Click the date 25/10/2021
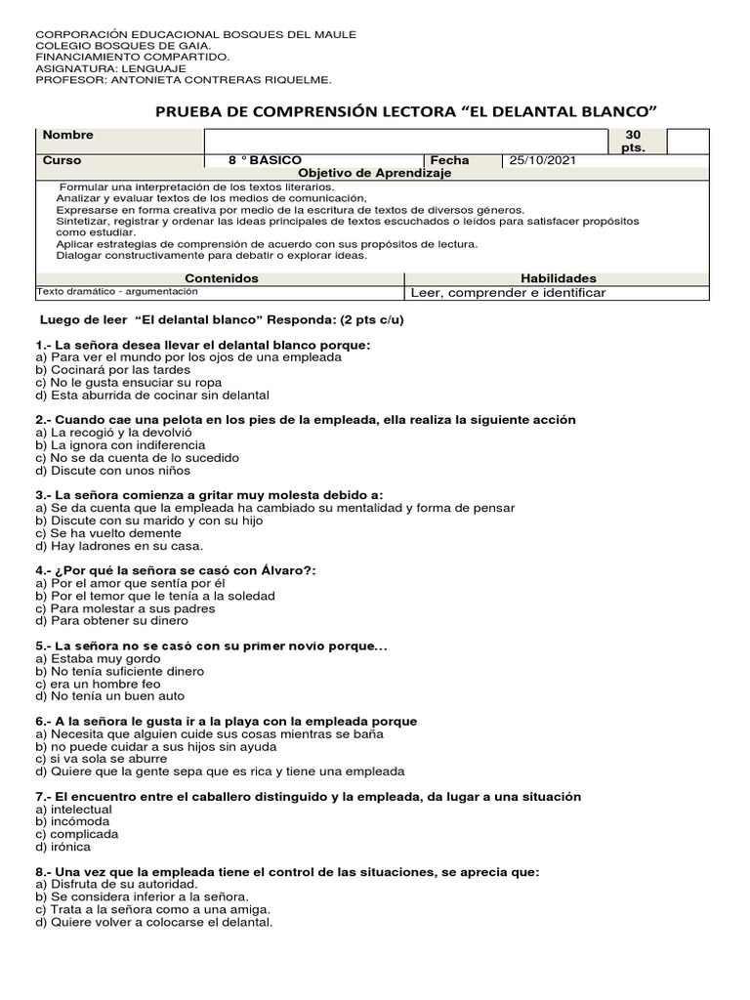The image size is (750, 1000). point(536,160)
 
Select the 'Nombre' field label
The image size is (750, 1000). point(68,136)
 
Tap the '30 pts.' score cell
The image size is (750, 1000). point(634,141)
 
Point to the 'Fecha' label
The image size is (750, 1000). point(449,160)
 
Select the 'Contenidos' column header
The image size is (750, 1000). point(222,278)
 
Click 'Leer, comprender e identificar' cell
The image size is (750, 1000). point(508,293)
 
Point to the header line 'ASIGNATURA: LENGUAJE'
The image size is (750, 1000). point(110,69)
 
